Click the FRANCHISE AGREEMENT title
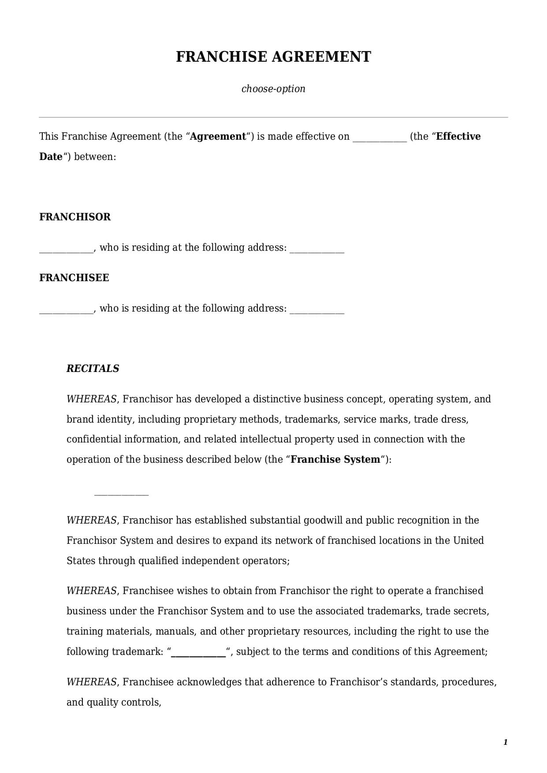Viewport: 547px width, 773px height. [273, 57]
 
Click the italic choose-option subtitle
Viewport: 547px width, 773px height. [273, 89]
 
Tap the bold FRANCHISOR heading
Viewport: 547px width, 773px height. [75, 217]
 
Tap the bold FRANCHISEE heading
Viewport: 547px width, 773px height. [74, 278]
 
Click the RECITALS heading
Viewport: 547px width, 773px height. [93, 368]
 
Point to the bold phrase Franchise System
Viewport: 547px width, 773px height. [335, 460]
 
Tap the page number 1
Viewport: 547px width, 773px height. [505, 743]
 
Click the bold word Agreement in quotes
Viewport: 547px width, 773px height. [218, 137]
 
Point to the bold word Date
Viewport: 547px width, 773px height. [51, 157]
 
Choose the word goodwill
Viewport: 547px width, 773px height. [323, 520]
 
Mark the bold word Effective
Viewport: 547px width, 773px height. [458, 137]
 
